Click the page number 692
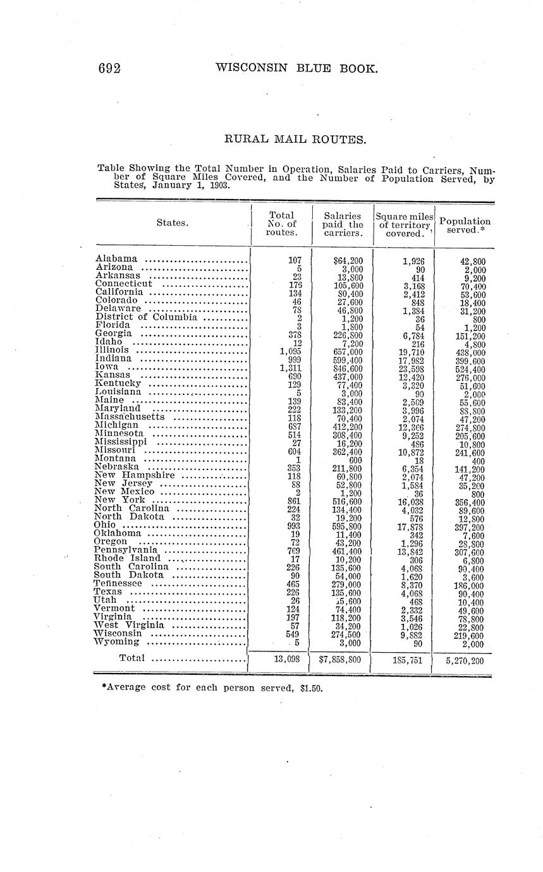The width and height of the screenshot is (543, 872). [109, 68]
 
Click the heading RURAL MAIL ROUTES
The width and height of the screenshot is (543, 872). [295, 139]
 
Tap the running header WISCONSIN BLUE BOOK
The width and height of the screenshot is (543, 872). [296, 68]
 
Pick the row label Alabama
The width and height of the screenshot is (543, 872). [116, 259]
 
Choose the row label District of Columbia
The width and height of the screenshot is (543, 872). [147, 317]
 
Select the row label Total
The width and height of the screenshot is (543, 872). [131, 658]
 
